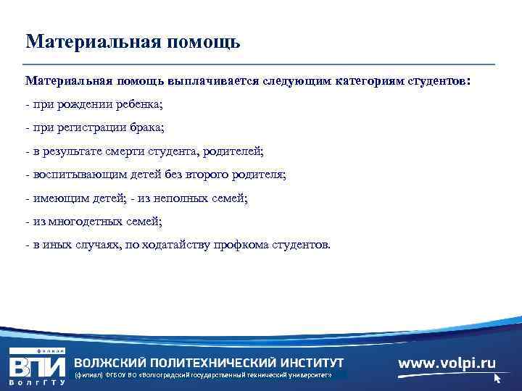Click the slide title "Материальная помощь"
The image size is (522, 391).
click(133, 41)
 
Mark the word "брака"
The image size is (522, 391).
click(147, 128)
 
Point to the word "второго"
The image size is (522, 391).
click(195, 175)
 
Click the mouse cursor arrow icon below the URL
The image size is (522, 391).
click(497, 378)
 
